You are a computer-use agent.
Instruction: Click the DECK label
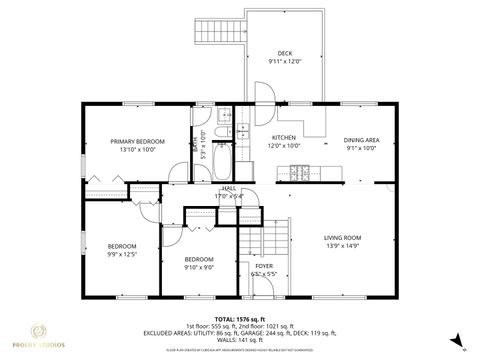click(x=284, y=53)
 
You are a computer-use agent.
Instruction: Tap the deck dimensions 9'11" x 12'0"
click(x=284, y=62)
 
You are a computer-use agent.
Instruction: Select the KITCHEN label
click(x=285, y=140)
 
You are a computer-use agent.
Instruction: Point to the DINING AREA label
click(x=361, y=140)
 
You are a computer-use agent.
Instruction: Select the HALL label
click(x=229, y=187)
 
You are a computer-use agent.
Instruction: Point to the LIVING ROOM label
click(x=342, y=237)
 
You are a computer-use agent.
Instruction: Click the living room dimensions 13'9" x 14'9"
click(x=342, y=246)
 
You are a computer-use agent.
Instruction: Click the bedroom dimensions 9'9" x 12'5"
click(x=122, y=254)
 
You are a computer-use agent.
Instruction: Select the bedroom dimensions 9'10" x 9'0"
click(x=199, y=266)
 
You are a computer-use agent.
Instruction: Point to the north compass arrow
click(x=452, y=338)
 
